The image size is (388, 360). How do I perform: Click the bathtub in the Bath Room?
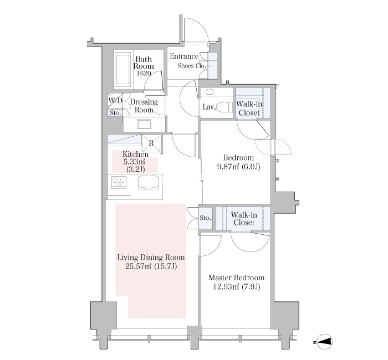pyautogui.click(x=122, y=69)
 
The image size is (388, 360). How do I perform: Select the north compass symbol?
pyautogui.click(x=324, y=342)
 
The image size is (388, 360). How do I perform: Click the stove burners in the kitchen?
pyautogui.click(x=119, y=183)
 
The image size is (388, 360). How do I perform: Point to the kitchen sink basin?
pyautogui.click(x=148, y=182)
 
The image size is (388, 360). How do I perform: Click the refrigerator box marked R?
pyautogui.click(x=151, y=143)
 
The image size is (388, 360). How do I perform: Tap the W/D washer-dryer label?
pyautogui.click(x=115, y=100)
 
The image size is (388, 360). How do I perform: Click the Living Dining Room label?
pyautogui.click(x=151, y=258)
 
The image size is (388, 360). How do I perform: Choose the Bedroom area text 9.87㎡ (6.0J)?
pyautogui.click(x=238, y=167)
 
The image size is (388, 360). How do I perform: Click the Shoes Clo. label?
pyautogui.click(x=192, y=66)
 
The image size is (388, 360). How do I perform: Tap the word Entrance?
pyautogui.click(x=184, y=56)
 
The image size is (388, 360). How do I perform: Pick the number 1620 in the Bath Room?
pyautogui.click(x=144, y=73)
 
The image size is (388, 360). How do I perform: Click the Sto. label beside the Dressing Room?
pyautogui.click(x=115, y=113)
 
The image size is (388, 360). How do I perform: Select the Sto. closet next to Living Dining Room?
pyautogui.click(x=206, y=218)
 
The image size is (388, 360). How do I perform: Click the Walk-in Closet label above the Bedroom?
pyautogui.click(x=249, y=109)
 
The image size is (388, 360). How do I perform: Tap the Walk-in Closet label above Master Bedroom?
pyautogui.click(x=244, y=219)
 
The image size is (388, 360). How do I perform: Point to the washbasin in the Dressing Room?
pyautogui.click(x=144, y=124)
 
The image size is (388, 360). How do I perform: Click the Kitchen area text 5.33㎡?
pyautogui.click(x=134, y=162)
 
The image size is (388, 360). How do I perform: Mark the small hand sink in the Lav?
pyautogui.click(x=210, y=92)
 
